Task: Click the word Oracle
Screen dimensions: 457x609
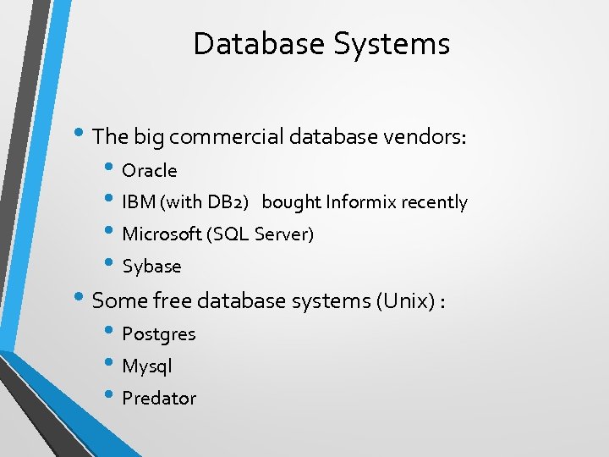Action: click(150, 171)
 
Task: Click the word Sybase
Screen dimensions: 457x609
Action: click(151, 267)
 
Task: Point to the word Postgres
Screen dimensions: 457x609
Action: click(159, 334)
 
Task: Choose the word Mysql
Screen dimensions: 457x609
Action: click(147, 366)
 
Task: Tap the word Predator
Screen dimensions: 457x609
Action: click(159, 399)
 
